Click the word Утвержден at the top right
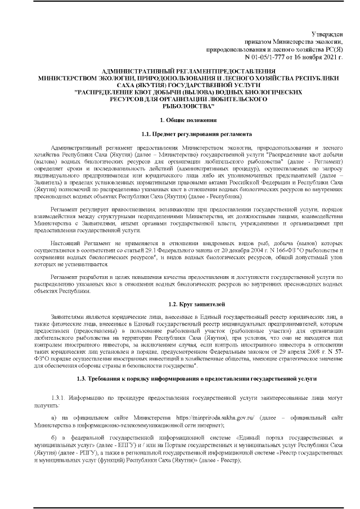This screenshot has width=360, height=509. [327, 35]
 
